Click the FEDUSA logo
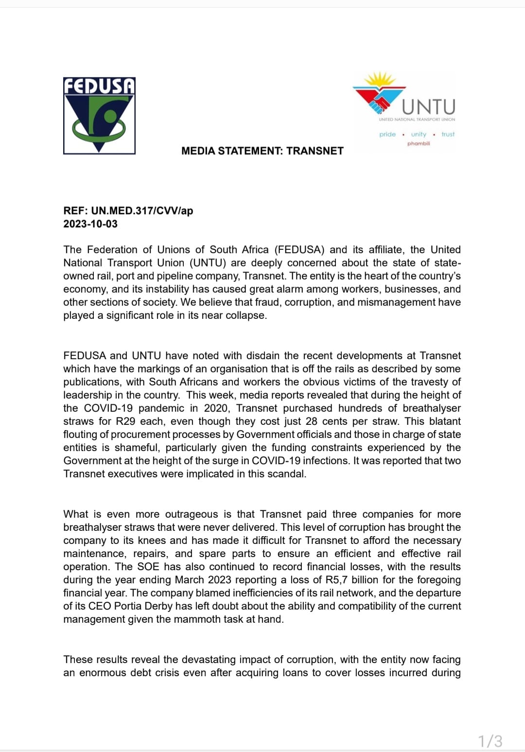click(99, 116)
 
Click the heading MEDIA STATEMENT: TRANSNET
click(262, 151)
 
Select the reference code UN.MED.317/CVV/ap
click(142, 211)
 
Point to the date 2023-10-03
click(90, 224)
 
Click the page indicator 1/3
click(490, 741)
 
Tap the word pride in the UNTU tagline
click(387, 134)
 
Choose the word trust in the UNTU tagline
click(448, 134)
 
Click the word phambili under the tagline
click(419, 143)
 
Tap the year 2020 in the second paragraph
click(216, 408)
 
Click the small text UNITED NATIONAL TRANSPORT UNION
click(417, 120)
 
